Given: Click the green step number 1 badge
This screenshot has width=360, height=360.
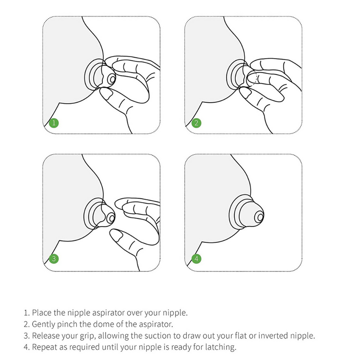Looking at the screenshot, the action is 54,123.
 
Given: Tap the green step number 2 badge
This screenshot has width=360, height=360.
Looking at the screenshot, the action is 196,123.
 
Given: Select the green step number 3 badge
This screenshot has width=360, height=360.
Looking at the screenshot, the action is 54,259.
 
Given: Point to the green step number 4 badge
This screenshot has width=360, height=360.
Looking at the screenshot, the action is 196,259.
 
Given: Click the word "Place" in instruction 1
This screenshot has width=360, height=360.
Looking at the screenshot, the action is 42,312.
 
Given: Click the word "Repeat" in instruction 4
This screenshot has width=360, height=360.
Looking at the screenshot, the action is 45,347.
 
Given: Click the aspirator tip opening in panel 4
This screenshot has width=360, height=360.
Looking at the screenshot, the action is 260,217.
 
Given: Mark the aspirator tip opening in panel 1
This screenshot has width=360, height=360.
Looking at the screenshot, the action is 112,80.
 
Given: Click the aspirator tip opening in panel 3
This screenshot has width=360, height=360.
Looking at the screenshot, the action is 112,218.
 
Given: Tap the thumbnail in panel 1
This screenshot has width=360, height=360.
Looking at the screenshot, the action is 106,94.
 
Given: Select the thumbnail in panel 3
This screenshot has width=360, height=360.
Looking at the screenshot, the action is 117,235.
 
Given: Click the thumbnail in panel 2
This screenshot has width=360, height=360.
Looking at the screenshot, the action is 245,92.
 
